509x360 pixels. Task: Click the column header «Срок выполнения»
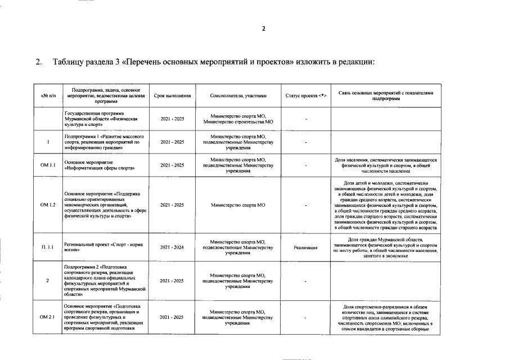(x=172, y=96)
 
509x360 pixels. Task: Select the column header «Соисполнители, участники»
(x=238, y=96)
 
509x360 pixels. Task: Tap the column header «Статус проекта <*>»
(x=305, y=96)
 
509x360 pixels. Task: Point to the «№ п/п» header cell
(x=48, y=96)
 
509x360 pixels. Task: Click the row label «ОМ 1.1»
(x=48, y=165)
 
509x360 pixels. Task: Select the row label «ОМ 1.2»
(x=48, y=205)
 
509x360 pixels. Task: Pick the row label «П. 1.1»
(x=48, y=247)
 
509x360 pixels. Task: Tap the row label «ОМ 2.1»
(x=48, y=318)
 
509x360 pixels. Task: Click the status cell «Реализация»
(x=305, y=247)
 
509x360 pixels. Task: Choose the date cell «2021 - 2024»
(x=172, y=247)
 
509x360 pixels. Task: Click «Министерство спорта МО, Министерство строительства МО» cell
(x=238, y=119)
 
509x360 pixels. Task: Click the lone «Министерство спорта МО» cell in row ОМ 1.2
(x=238, y=205)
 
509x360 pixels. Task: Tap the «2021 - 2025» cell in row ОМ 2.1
(x=172, y=318)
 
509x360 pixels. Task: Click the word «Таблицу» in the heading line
(x=69, y=61)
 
